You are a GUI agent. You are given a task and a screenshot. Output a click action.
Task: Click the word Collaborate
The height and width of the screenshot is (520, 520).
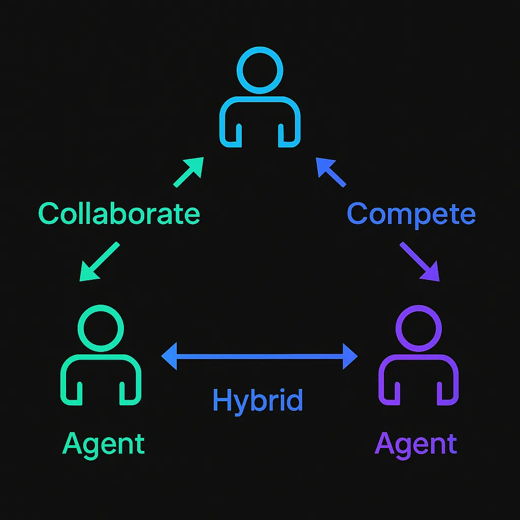coord(119,214)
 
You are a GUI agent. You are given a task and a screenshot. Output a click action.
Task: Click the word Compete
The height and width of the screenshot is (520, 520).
coord(411,214)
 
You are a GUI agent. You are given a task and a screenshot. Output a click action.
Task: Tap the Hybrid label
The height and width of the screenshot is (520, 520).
coord(257,400)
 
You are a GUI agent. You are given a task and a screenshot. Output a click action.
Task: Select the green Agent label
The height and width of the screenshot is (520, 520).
coord(104,444)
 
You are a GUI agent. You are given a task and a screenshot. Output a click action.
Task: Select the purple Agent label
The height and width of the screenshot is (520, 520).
coord(416,444)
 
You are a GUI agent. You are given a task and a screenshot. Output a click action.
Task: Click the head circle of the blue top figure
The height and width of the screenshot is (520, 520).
coord(260,70)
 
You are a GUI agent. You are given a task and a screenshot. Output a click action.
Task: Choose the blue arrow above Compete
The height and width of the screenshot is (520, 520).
coord(330,172)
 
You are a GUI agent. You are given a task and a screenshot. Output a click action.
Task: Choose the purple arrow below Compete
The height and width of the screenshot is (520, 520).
coord(420,262)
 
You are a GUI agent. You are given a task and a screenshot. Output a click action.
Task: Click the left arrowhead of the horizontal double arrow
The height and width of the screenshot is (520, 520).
coord(169,356)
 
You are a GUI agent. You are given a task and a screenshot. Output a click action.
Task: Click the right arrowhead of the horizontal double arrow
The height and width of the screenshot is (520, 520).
coord(351,356)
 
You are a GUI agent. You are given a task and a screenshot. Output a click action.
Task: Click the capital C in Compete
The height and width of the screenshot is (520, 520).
coord(357,214)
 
